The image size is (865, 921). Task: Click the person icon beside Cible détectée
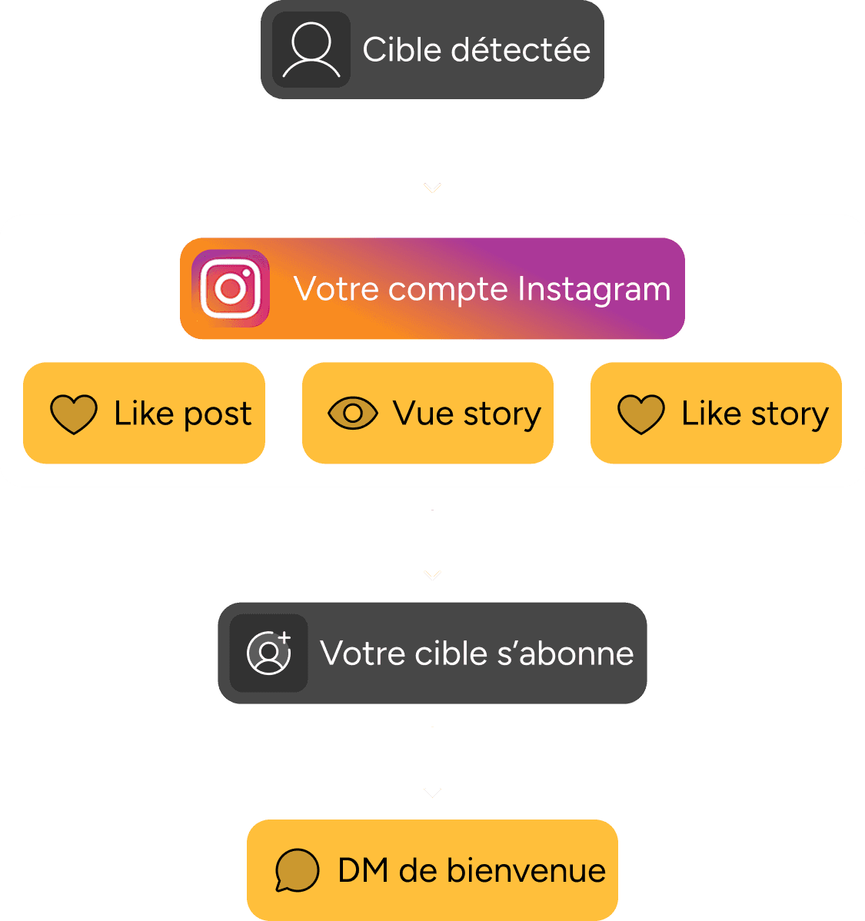[311, 50]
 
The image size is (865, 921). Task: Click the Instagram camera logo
[231, 288]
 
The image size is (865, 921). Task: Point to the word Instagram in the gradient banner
[594, 290]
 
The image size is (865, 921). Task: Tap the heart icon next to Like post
[74, 414]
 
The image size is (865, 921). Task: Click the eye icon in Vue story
[353, 414]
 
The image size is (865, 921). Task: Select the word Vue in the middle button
[424, 413]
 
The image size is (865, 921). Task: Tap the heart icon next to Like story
[641, 414]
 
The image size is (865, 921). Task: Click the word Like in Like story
[711, 413]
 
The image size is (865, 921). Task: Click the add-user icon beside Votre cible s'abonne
[269, 653]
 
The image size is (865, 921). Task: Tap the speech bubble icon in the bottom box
[297, 870]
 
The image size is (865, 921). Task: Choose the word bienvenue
[527, 870]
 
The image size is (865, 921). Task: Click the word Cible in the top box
[401, 50]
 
